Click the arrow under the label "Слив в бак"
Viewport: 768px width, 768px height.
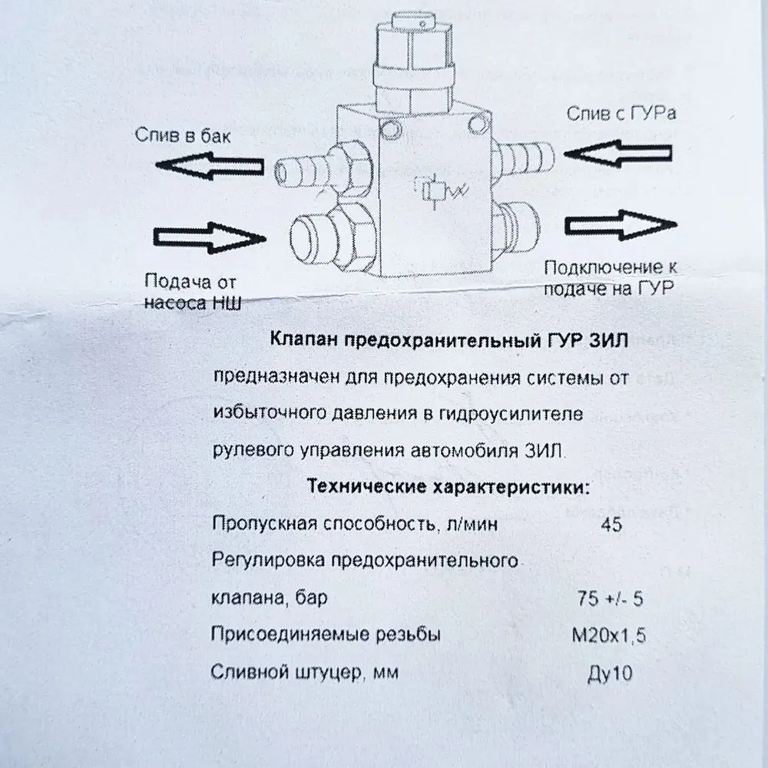pos(210,166)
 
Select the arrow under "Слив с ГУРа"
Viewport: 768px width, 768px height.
pos(618,154)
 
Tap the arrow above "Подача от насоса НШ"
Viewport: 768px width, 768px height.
pos(210,238)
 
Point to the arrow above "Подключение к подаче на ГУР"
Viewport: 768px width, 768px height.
pos(621,225)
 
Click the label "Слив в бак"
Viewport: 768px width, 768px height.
pos(183,135)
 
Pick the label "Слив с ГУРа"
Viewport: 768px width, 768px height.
pos(621,113)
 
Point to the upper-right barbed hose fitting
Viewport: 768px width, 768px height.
pos(522,157)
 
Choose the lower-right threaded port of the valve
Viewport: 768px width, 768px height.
pos(515,228)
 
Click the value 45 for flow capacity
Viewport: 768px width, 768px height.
pos(611,525)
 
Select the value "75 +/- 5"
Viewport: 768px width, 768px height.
pos(610,598)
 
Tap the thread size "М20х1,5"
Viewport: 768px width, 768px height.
pos(609,635)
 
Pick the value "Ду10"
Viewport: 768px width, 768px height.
pos(610,674)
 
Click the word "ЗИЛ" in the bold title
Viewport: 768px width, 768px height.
pos(608,340)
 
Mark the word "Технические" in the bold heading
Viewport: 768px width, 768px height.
pos(366,486)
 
